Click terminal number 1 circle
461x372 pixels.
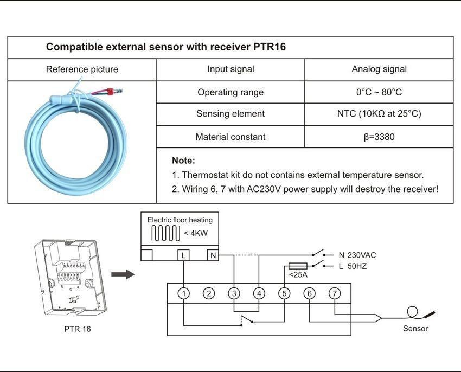point(184,293)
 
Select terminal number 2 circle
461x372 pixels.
point(209,293)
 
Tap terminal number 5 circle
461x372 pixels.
point(284,293)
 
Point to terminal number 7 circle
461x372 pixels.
point(335,293)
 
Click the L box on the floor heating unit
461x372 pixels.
point(183,255)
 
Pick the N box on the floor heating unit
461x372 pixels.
point(213,255)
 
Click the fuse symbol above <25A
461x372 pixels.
point(298,266)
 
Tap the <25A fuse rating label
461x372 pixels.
point(298,275)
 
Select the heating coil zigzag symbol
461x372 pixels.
point(166,233)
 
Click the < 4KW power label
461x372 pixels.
point(196,233)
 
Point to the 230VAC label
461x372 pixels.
point(362,255)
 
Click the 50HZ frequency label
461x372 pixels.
point(357,266)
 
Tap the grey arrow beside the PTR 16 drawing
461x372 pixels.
point(123,274)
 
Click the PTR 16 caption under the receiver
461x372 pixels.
point(78,329)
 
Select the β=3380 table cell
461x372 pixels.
point(379,137)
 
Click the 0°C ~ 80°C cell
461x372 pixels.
point(379,92)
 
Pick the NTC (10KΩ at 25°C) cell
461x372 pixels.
point(379,113)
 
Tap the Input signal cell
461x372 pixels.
point(230,69)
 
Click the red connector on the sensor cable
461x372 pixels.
point(110,92)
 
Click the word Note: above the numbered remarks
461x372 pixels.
point(183,161)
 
